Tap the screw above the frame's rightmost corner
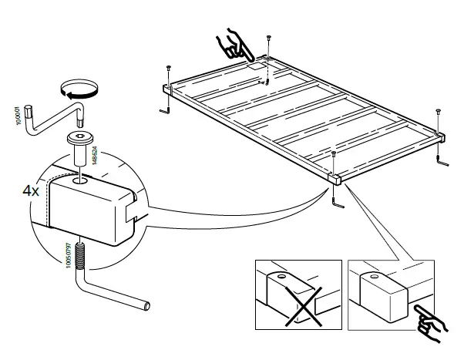pos(437,115)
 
